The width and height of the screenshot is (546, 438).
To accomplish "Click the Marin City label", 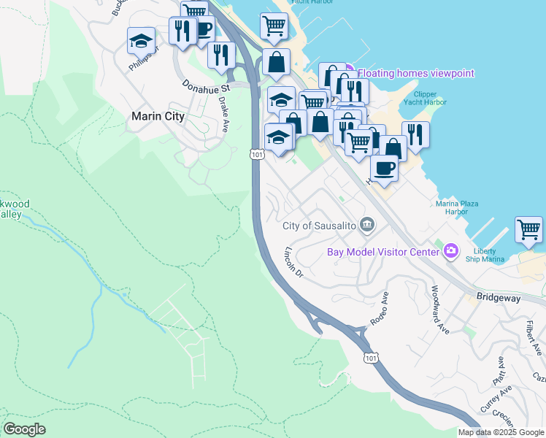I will tap(157, 116).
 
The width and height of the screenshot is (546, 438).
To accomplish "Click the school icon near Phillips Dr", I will tap(141, 42).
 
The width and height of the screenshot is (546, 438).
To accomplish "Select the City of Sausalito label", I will tap(320, 226).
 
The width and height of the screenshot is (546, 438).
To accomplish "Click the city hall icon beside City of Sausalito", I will tap(367, 225).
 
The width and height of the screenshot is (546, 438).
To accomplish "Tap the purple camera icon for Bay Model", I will tap(451, 252).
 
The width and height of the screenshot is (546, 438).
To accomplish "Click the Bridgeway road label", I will tap(498, 297).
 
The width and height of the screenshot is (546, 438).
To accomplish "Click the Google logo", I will tap(24, 429).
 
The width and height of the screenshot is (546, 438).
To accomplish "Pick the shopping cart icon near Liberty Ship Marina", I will tap(528, 230).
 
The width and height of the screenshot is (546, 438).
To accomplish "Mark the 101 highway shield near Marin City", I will tap(255, 154).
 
